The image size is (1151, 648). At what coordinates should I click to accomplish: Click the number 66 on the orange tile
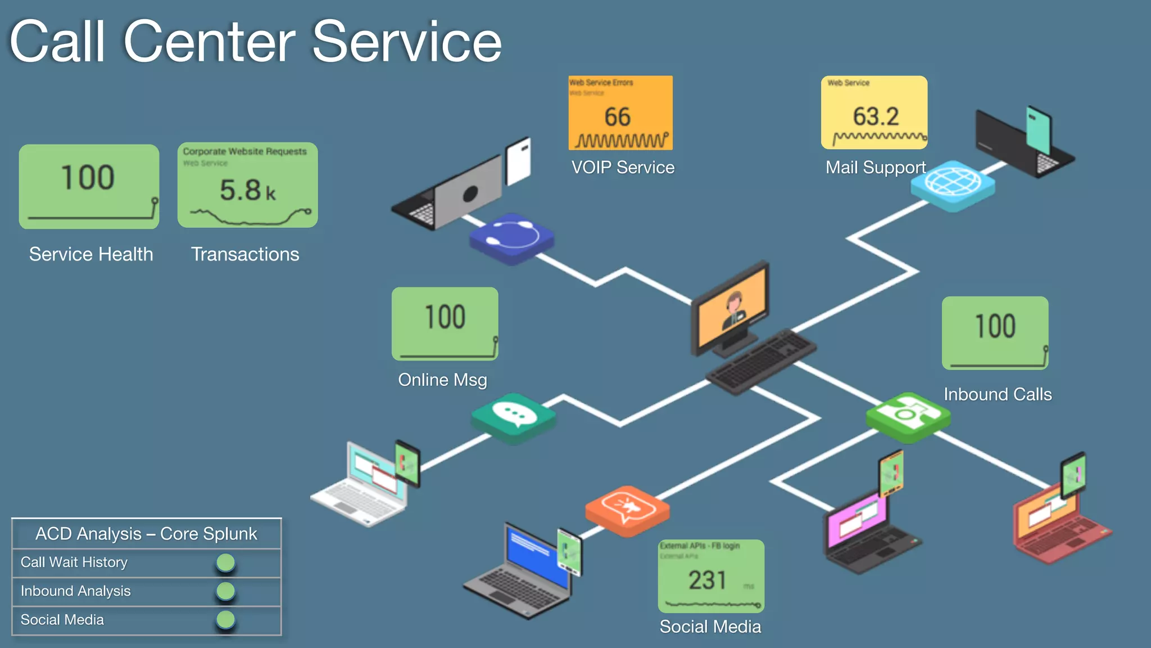tap(617, 117)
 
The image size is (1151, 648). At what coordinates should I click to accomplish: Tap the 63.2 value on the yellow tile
tap(876, 116)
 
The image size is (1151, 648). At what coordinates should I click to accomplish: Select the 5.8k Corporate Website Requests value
tap(247, 190)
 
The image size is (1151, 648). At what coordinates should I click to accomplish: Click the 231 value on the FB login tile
tap(708, 580)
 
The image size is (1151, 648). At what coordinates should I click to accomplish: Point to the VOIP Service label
tap(623, 167)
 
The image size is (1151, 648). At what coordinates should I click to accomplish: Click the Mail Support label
tap(875, 167)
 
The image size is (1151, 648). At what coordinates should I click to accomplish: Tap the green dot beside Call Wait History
tap(225, 562)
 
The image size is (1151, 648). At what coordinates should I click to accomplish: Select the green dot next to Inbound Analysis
tap(225, 591)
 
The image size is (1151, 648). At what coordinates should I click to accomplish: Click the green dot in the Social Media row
tap(225, 619)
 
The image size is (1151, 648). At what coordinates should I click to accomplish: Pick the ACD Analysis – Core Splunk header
tap(146, 533)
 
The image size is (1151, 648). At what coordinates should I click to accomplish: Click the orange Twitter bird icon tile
tap(627, 508)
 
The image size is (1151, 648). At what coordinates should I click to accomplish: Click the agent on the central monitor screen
tap(733, 309)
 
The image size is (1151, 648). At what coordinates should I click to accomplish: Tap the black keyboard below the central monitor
tap(762, 361)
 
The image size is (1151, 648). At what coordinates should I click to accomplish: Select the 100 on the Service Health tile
tap(88, 178)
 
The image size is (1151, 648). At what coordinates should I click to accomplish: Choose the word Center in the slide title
tap(209, 42)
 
